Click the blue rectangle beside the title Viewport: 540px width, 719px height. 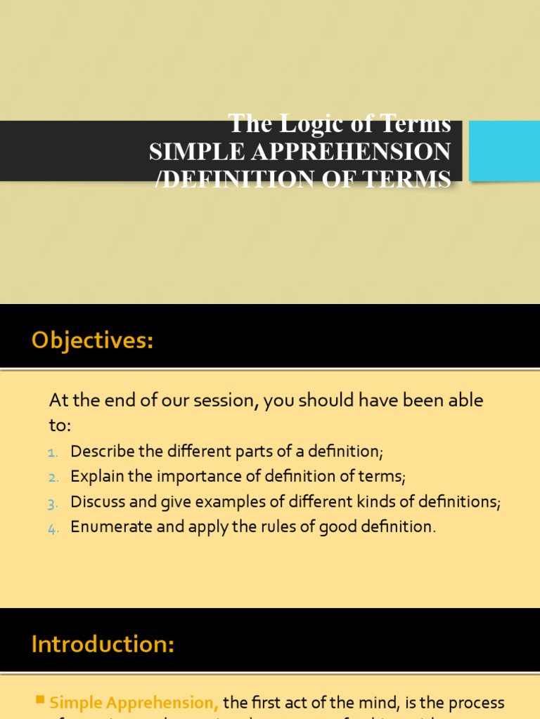tap(504, 150)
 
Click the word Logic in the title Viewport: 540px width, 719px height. tap(310, 124)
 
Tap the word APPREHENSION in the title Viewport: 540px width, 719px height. tap(347, 152)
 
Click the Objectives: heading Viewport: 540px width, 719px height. tap(92, 341)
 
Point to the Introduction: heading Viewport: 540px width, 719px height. tap(103, 644)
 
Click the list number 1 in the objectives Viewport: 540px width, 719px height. tap(53, 451)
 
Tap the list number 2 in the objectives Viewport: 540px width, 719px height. tap(53, 477)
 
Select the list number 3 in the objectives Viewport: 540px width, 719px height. tap(53, 503)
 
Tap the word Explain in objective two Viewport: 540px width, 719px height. tap(95, 477)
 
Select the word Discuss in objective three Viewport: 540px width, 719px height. tap(96, 502)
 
